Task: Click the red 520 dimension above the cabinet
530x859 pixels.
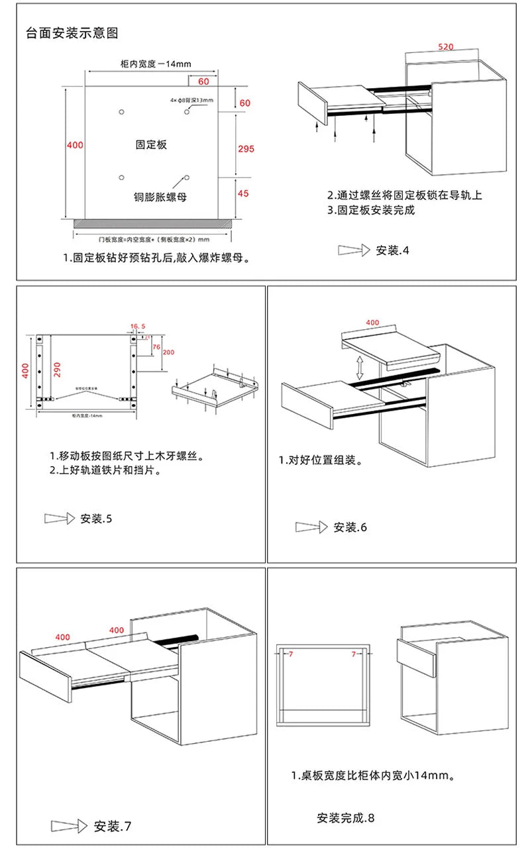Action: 447,47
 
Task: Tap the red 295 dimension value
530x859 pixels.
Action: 246,149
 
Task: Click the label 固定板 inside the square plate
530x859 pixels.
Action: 151,144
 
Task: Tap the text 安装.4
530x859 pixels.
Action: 393,250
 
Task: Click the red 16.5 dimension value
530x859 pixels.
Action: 137,326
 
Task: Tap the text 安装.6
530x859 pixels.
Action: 350,527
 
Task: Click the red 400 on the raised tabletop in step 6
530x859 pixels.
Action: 372,323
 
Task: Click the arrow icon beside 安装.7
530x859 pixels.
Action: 69,826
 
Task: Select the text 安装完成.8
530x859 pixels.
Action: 345,817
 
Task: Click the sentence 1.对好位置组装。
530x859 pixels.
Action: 320,460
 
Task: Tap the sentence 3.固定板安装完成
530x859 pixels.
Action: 371,210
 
